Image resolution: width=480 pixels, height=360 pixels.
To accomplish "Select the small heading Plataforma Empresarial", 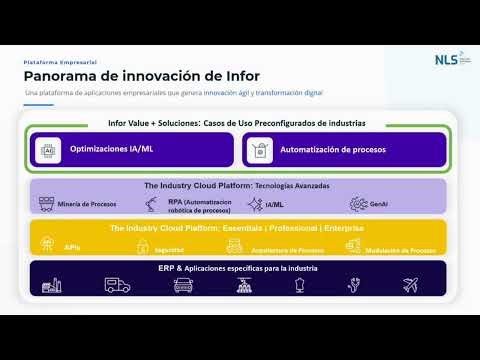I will click(60, 62).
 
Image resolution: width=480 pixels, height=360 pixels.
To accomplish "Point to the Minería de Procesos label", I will click(88, 204).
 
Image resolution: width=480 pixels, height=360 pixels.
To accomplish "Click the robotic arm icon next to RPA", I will click(149, 203).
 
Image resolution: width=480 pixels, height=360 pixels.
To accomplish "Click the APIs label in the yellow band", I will click(72, 246).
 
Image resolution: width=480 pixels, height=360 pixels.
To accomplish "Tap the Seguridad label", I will click(169, 249).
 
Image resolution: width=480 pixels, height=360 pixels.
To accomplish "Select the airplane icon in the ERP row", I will click(410, 285).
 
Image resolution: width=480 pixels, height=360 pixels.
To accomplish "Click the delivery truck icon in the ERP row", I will click(117, 285).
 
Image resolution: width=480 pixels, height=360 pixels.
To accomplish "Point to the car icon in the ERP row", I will click(183, 285).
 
